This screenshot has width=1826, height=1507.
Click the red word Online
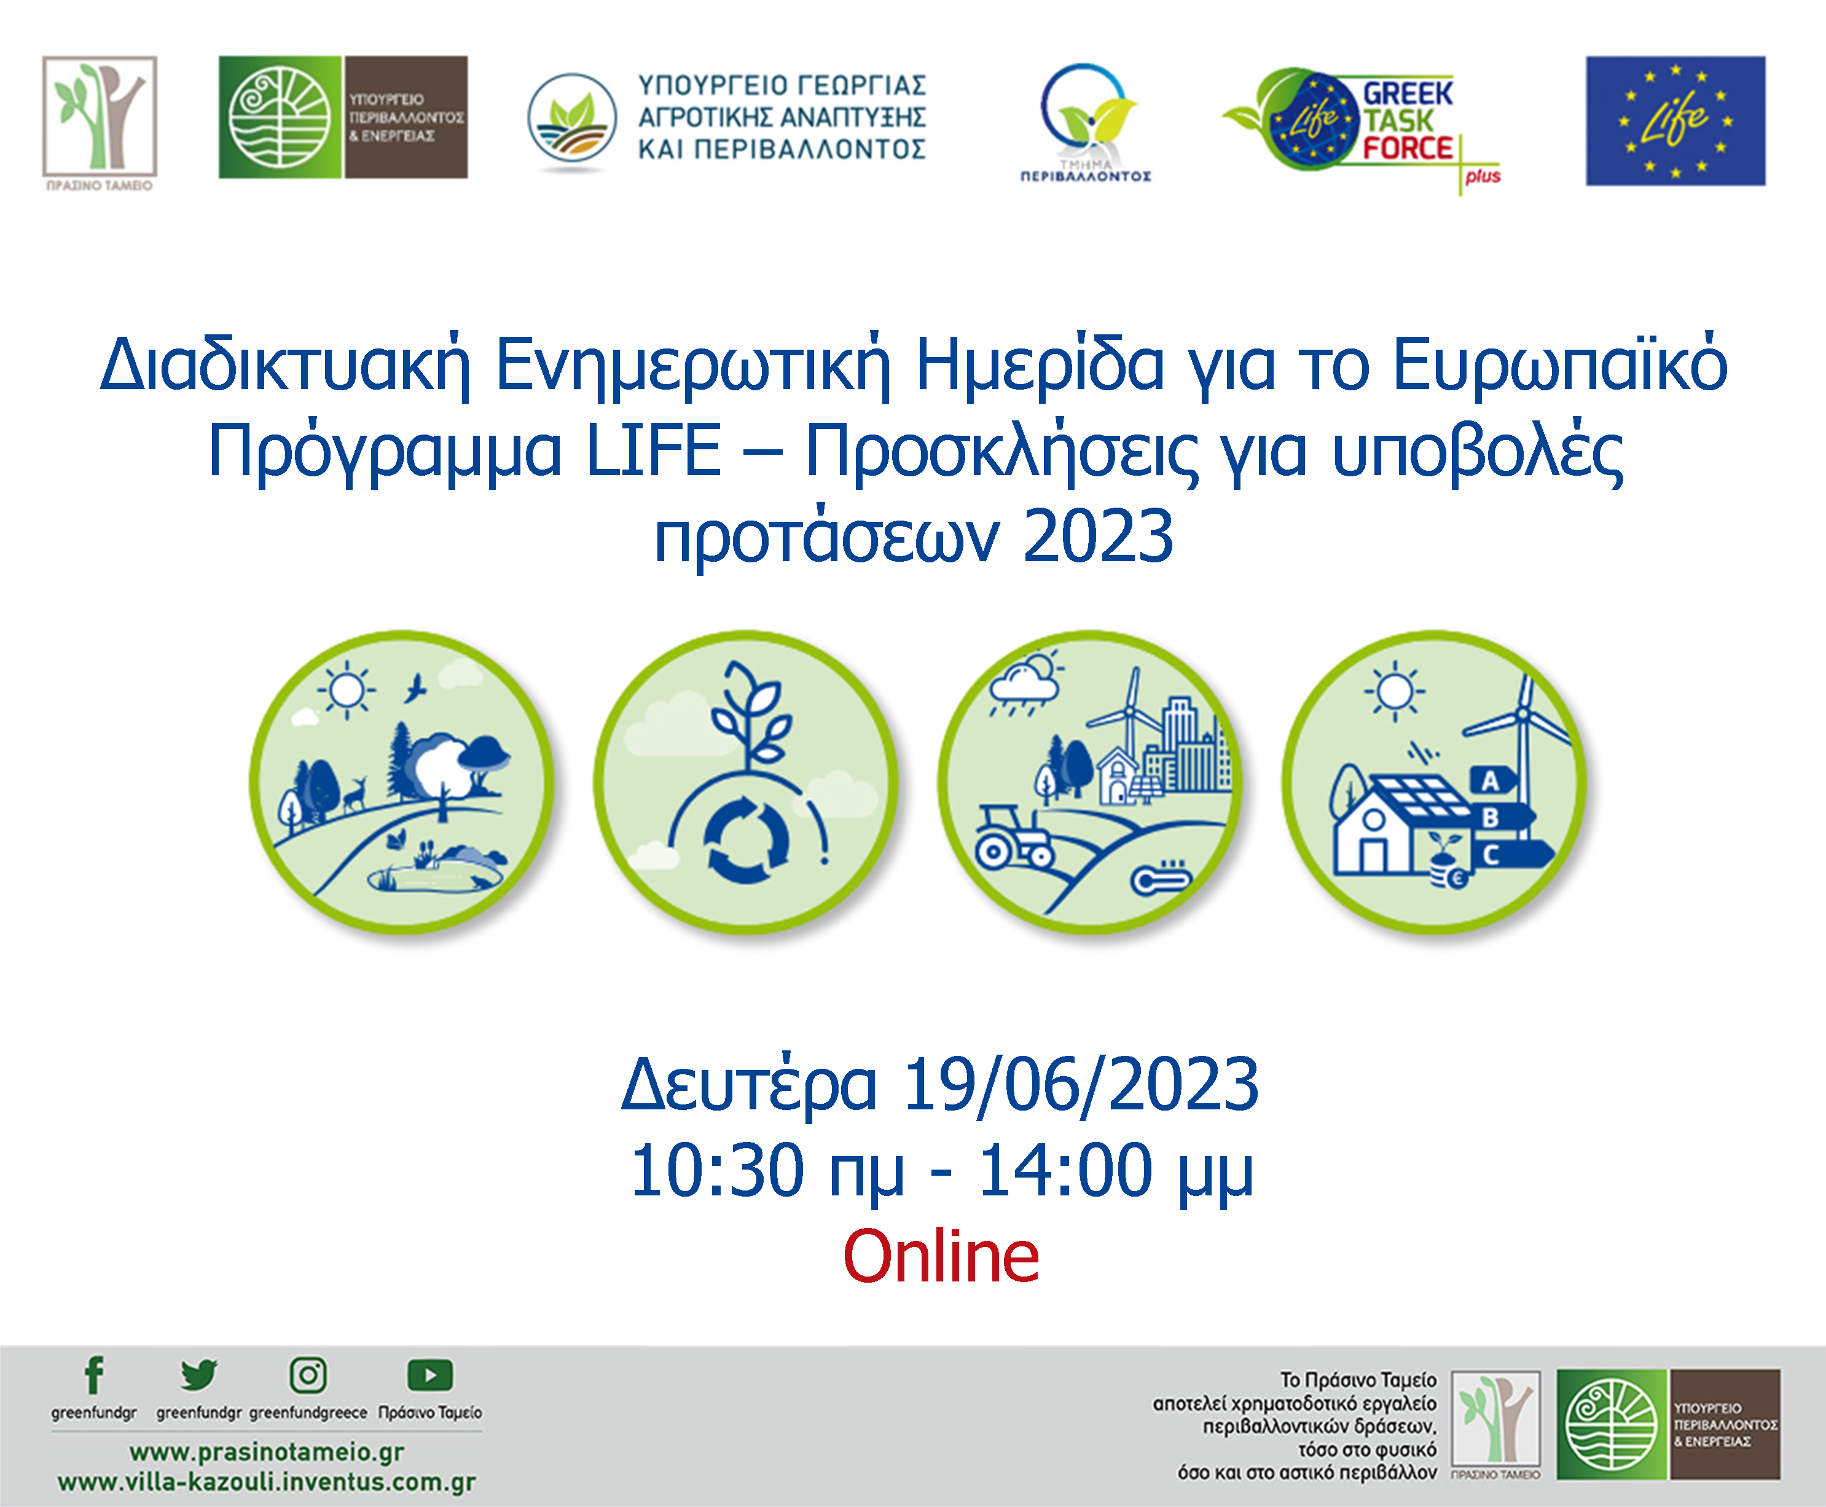click(941, 1256)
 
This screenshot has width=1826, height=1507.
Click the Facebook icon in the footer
click(94, 1374)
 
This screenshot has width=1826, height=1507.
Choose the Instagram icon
click(308, 1375)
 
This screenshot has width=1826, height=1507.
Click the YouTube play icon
click(429, 1375)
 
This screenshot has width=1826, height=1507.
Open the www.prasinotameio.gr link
click(267, 1452)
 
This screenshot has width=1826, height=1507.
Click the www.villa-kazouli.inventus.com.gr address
click(267, 1482)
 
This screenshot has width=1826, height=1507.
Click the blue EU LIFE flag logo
click(1675, 120)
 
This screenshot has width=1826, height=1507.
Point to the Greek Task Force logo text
click(1407, 120)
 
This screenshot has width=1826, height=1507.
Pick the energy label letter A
click(1490, 781)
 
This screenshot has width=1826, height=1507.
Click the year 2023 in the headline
click(1098, 535)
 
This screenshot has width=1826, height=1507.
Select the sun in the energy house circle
click(1395, 692)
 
